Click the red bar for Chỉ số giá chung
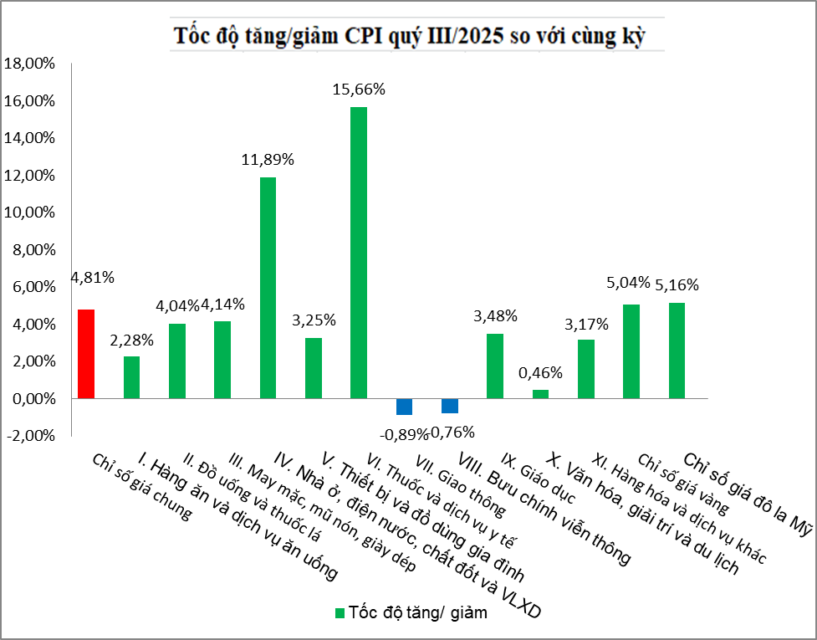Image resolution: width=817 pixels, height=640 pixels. click(x=86, y=354)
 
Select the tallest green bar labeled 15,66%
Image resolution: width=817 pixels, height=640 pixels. click(x=359, y=253)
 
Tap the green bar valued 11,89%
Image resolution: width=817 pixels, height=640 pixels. click(x=268, y=288)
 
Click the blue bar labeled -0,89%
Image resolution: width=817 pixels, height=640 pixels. click(x=404, y=407)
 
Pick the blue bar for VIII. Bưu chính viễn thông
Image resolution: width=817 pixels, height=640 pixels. click(x=450, y=406)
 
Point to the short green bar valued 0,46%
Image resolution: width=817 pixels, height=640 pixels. click(x=540, y=394)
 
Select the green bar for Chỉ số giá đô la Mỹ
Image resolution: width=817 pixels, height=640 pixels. click(x=677, y=351)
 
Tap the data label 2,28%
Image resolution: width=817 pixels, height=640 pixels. click(x=131, y=340)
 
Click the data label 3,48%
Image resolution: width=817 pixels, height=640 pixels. click(x=495, y=316)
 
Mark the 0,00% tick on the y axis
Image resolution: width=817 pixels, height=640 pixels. click(x=32, y=399)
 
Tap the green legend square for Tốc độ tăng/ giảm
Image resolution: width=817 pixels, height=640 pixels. click(x=340, y=613)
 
